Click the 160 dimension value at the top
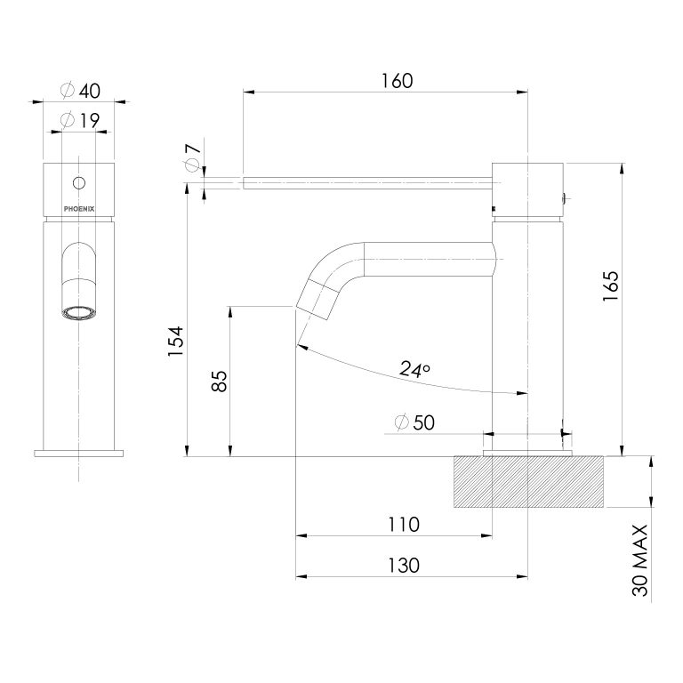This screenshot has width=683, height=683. click(x=396, y=80)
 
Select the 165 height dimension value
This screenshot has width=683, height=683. click(x=610, y=286)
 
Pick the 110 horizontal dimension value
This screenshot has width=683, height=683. click(x=402, y=525)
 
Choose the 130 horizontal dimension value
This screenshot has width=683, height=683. click(x=402, y=565)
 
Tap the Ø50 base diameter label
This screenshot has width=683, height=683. click(x=413, y=423)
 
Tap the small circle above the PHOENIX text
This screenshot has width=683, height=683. click(x=79, y=183)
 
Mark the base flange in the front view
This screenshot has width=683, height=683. click(x=78, y=453)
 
